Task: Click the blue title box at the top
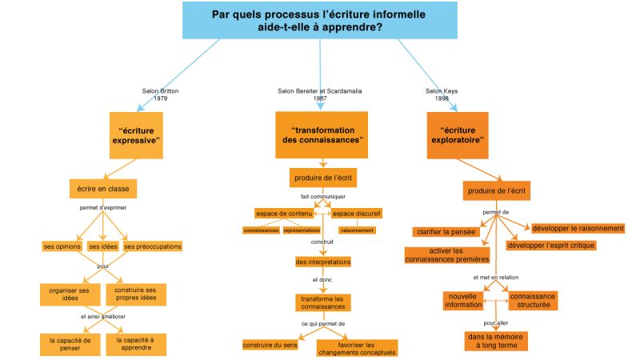(319, 20)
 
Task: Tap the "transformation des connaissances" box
(322, 134)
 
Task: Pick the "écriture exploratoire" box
(462, 134)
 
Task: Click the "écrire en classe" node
(103, 188)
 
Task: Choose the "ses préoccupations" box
(153, 246)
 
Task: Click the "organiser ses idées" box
(69, 294)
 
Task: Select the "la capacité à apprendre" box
(138, 344)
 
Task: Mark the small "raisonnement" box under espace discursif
(357, 230)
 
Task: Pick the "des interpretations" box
(322, 262)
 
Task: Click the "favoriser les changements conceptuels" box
(357, 348)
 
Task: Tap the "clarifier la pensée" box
(446, 232)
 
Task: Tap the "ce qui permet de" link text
(322, 324)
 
